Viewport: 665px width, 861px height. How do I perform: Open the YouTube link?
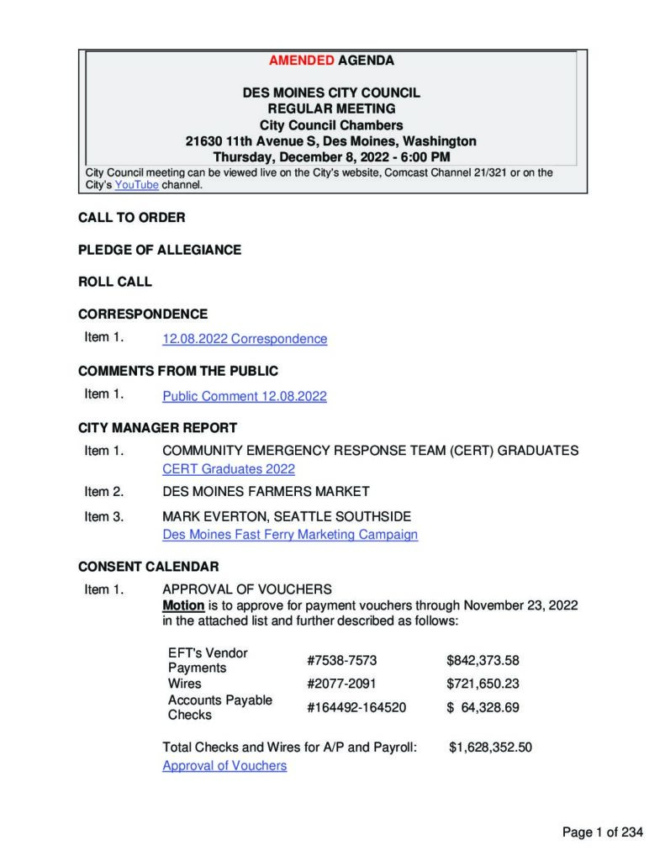click(x=136, y=185)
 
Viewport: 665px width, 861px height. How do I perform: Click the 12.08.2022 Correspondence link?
click(x=245, y=339)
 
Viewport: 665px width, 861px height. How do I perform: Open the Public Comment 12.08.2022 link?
click(x=245, y=396)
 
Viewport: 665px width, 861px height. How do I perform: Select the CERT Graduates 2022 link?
click(x=229, y=469)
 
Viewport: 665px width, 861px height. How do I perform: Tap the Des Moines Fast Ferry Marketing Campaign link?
click(x=290, y=534)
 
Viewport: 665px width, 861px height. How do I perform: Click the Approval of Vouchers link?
click(x=224, y=765)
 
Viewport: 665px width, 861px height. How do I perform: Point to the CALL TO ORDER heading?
click(x=132, y=218)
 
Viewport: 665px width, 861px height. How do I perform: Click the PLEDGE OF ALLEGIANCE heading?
click(x=160, y=250)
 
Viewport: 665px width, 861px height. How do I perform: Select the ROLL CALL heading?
click(x=115, y=282)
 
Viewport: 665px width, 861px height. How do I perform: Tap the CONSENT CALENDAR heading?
click(x=149, y=567)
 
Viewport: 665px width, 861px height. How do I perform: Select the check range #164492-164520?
click(x=356, y=707)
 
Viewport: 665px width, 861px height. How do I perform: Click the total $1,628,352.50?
click(x=490, y=746)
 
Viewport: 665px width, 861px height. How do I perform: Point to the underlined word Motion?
click(x=182, y=605)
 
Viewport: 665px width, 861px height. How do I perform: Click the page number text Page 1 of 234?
click(x=603, y=832)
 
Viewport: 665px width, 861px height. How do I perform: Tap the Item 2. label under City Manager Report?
click(x=104, y=491)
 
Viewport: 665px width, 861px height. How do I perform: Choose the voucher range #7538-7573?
click(x=336, y=660)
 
